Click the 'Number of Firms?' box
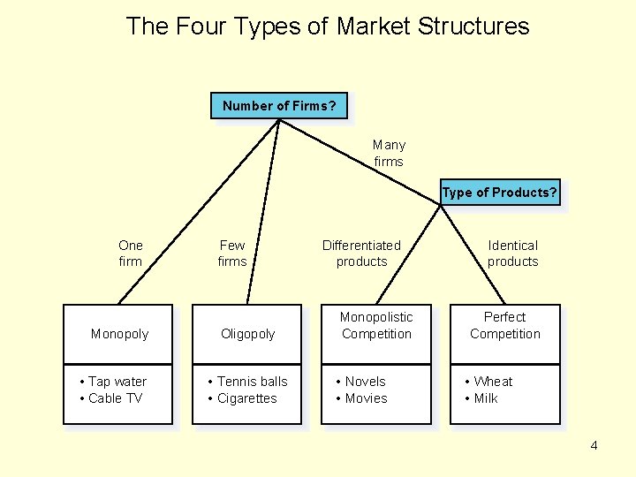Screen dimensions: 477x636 coord(279,106)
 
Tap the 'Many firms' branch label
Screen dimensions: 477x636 coord(389,153)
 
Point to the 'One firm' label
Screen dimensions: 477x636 coord(131,253)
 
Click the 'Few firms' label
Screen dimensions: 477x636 coord(232,253)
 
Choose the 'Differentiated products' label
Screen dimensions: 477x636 coord(361,253)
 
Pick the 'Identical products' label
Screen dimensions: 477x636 coord(512,253)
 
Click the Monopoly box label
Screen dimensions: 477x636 coord(119,334)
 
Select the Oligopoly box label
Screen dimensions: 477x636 coord(247,334)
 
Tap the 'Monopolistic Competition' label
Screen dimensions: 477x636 coord(376,325)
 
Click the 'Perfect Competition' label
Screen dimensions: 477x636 coord(505,325)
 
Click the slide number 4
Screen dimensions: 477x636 coord(594,445)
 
